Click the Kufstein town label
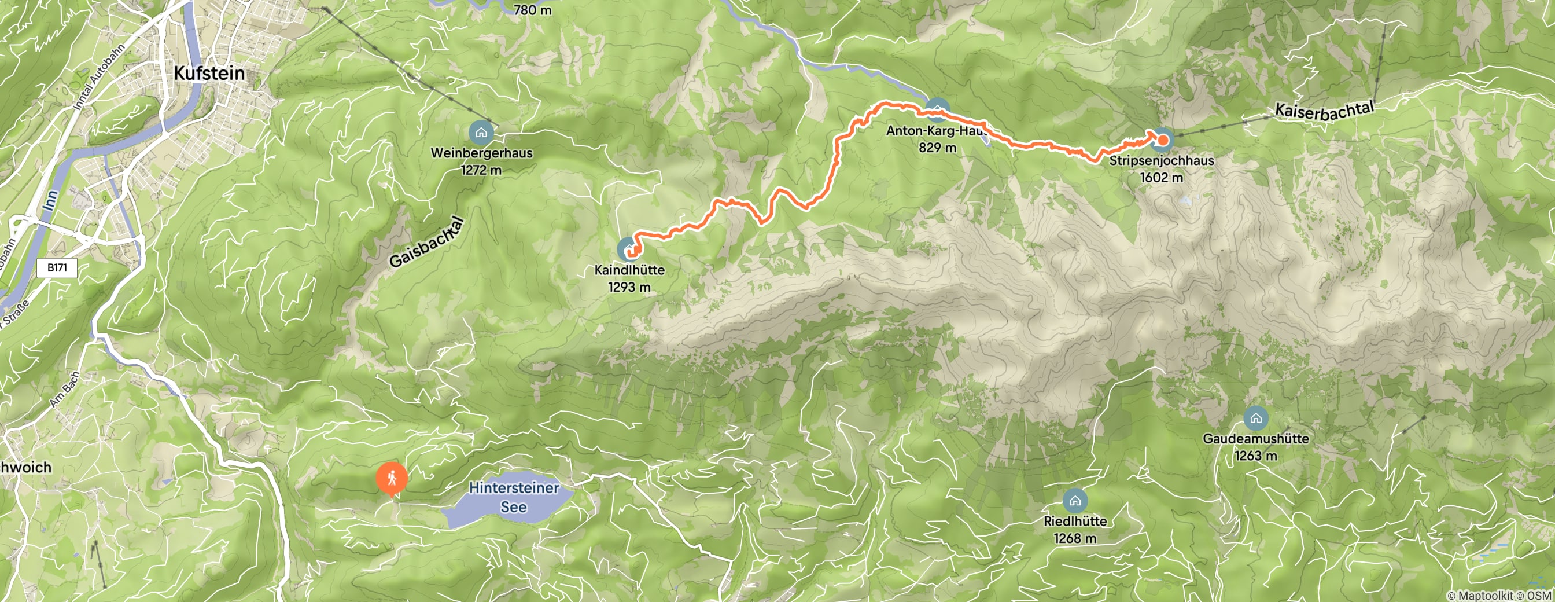[x=209, y=74]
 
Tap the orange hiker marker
[x=392, y=479]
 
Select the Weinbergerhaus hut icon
[x=481, y=131]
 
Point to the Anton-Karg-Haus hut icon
[x=937, y=109]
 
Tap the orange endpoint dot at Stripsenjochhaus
[x=1162, y=141]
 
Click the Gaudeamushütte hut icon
[x=1255, y=418]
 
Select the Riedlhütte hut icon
[x=1075, y=501]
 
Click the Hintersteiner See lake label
[x=514, y=497]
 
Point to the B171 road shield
[x=57, y=267]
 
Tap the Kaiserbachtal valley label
[x=1325, y=110]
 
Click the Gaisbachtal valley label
[x=428, y=243]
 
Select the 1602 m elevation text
[x=1162, y=178]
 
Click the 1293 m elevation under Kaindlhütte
[x=629, y=288]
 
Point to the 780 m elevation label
[x=532, y=10]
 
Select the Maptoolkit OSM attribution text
[x=1500, y=596]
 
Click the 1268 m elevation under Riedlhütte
[x=1075, y=538]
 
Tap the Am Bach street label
[x=65, y=390]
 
